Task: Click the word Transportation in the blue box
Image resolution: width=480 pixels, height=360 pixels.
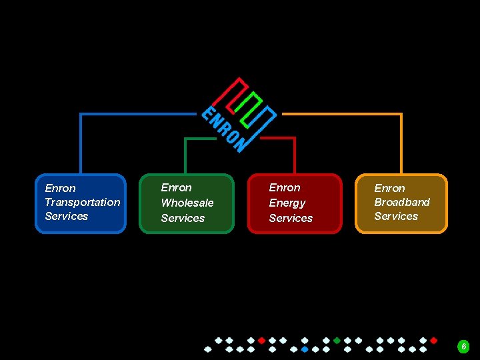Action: click(x=83, y=202)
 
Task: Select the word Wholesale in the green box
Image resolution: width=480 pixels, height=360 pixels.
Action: click(x=187, y=203)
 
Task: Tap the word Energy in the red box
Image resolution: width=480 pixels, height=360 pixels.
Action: click(x=287, y=203)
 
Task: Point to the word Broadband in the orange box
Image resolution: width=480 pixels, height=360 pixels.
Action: click(x=402, y=202)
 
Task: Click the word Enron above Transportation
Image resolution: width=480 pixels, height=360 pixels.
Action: click(x=60, y=188)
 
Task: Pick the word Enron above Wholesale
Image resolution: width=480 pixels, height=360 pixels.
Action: click(x=176, y=187)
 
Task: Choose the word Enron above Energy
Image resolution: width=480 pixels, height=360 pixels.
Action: click(x=285, y=187)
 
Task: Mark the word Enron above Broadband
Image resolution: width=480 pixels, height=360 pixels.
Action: click(x=389, y=188)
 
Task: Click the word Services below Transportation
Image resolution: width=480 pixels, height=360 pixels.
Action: click(x=67, y=216)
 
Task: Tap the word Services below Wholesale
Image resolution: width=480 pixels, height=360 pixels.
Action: click(x=183, y=218)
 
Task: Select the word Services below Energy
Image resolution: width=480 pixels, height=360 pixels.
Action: click(x=291, y=218)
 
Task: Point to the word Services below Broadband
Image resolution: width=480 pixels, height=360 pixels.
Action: click(x=396, y=216)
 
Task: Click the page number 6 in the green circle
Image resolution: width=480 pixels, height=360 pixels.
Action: click(x=464, y=347)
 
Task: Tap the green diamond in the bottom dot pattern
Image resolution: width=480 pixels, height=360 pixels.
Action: click(x=337, y=340)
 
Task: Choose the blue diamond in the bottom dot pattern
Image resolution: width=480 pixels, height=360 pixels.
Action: click(x=305, y=349)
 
